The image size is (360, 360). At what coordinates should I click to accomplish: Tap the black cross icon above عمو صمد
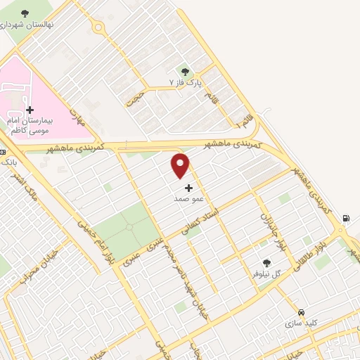[x=188, y=188]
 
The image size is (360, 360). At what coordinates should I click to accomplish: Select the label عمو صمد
[x=188, y=199]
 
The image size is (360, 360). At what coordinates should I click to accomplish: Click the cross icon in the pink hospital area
[x=30, y=110]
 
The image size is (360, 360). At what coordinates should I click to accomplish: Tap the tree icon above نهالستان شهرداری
[x=25, y=13]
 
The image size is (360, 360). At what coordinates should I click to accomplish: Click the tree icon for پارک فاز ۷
[x=186, y=71]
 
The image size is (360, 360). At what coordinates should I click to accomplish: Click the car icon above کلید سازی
[x=301, y=312]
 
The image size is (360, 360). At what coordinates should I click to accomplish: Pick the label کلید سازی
[x=302, y=323]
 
